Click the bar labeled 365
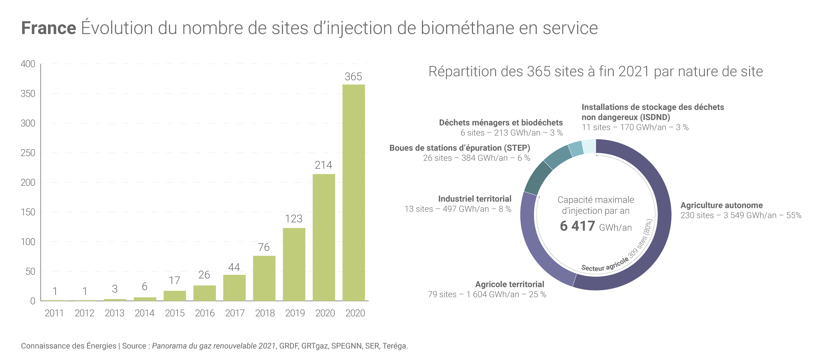coord(353,193)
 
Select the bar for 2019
coord(294,264)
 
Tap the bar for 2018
coord(264,278)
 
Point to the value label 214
coord(323,165)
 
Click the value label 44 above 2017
coord(234,267)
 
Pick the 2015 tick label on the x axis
coord(175,313)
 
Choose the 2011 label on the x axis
coord(54,313)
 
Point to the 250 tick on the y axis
coord(28,153)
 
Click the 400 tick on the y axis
coord(28,64)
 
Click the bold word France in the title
coord(49,28)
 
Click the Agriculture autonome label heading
coord(721,205)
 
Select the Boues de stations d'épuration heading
coord(460,148)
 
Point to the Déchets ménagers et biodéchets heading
coord(501,123)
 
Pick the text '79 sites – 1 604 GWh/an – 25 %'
coord(487,294)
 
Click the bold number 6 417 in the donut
coord(577,226)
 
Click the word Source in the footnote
coord(134,346)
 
